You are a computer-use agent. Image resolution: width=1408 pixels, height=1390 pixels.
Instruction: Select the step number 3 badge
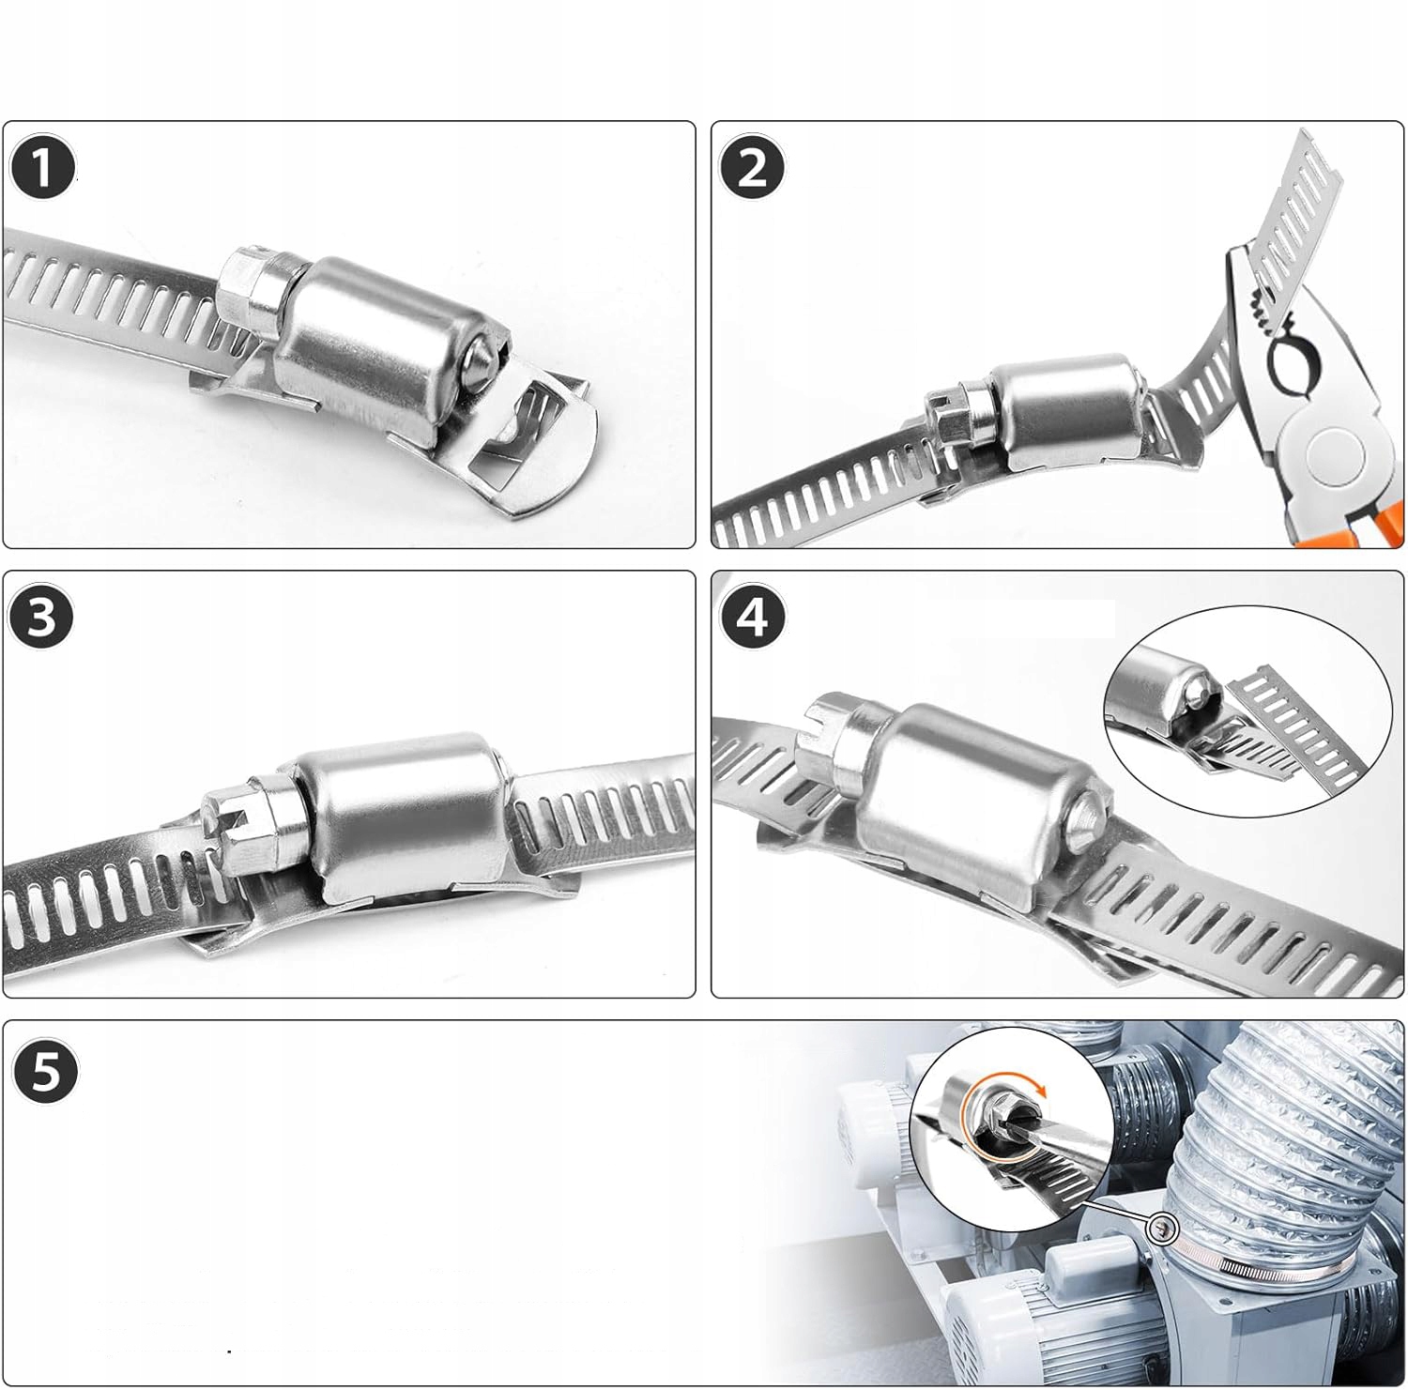click(42, 618)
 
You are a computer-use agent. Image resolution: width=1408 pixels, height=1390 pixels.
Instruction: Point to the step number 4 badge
click(752, 618)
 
